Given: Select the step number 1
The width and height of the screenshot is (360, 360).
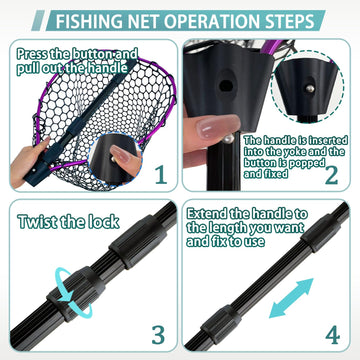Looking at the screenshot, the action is point(161,175).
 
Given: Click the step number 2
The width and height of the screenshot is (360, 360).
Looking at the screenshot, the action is point(332,175).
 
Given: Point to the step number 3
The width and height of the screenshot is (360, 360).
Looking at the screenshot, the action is point(158,335).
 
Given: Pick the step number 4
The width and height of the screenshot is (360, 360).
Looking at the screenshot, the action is point(333,335).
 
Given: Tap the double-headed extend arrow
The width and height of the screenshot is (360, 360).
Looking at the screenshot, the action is point(291,298).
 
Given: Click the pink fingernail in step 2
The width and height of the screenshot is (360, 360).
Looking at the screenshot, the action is point(218,126).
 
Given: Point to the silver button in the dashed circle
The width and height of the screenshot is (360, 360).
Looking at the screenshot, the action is point(310,89).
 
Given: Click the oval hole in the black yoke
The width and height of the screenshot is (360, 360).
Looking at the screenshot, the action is point(226,86).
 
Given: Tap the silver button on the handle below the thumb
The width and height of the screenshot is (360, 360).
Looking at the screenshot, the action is point(229,139).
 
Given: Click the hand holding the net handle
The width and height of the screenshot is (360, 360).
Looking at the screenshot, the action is point(27,162).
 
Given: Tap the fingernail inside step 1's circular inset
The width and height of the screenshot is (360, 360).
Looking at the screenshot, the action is point(120,154).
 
